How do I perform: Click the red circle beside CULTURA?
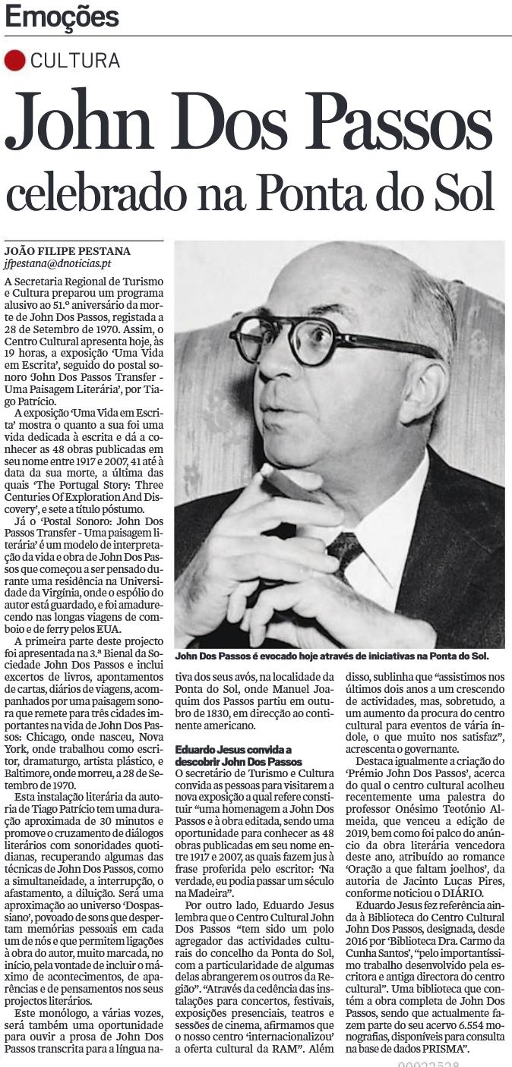pos(14,60)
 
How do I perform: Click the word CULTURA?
pos(75,61)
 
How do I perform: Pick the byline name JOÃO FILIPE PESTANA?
pos(67,251)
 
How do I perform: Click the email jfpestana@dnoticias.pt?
pos(58,264)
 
